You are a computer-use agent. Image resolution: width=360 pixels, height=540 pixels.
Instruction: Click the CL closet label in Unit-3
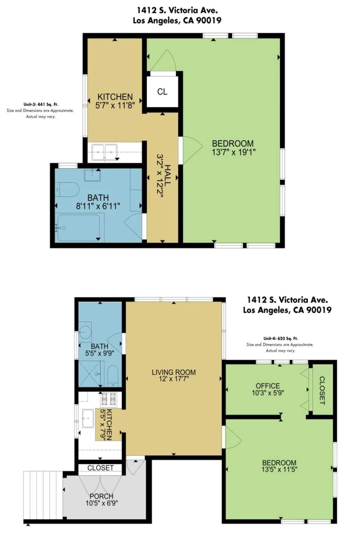[x=162, y=92]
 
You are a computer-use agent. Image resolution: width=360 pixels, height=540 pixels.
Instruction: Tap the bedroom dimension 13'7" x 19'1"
[x=233, y=152]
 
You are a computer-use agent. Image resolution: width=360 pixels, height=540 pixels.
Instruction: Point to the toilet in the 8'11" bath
[x=68, y=190]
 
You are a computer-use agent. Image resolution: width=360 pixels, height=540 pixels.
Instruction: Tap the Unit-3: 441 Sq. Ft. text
[x=40, y=104]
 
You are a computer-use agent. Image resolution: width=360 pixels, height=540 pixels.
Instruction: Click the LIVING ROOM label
[x=173, y=372]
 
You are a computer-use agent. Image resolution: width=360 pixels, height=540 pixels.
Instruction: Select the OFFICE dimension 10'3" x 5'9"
[x=268, y=392]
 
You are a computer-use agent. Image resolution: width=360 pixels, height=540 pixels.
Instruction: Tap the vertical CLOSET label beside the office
[x=322, y=390]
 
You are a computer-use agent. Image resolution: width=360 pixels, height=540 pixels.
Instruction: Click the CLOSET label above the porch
[x=100, y=468]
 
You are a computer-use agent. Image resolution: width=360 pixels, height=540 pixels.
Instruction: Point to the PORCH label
[x=101, y=496]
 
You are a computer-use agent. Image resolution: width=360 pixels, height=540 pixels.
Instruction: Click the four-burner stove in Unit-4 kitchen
[x=108, y=399]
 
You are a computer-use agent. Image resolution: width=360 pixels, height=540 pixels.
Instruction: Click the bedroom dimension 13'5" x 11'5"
[x=279, y=469]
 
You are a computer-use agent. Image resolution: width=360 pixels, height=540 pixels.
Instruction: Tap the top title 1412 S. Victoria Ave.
[x=177, y=10]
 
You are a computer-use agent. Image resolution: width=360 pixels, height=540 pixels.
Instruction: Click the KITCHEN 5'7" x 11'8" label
[x=115, y=101]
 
